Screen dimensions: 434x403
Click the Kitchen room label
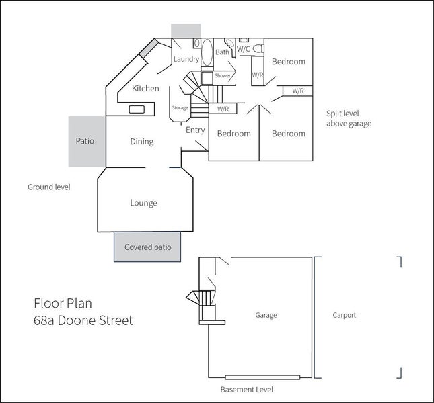(145, 89)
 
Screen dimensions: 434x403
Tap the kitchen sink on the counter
(137, 109)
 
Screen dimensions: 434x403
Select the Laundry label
(186, 59)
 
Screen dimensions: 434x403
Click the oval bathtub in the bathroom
(207, 52)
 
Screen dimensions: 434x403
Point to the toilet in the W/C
(258, 48)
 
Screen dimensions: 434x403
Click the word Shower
(223, 75)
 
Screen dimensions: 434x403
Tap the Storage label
(180, 108)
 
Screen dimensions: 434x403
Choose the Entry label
(195, 130)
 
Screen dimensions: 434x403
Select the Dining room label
(142, 142)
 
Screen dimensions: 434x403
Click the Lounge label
(143, 203)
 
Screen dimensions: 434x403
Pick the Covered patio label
(148, 247)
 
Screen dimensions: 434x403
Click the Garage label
(266, 315)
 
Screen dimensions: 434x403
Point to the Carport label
(345, 315)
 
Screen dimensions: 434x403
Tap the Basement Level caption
(247, 390)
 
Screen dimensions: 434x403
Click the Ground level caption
(49, 187)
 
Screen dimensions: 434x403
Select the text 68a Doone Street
(83, 320)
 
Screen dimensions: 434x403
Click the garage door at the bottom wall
(262, 377)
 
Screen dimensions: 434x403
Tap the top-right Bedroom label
(289, 62)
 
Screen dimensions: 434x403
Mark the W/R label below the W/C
(258, 75)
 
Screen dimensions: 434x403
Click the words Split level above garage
(349, 118)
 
